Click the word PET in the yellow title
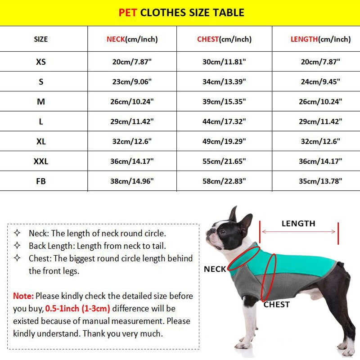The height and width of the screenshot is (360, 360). (x=128, y=13)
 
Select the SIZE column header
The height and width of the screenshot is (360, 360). (x=40, y=39)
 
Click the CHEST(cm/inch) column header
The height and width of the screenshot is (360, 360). (x=224, y=39)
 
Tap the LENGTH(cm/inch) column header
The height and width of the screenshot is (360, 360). (x=320, y=39)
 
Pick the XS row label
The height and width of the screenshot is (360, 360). (x=40, y=62)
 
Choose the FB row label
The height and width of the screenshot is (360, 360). (x=40, y=181)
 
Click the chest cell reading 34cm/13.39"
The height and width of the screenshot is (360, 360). (x=224, y=81)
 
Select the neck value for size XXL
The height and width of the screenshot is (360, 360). (x=132, y=161)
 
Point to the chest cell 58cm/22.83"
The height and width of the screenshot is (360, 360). (x=224, y=181)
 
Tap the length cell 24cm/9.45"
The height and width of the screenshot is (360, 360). (x=320, y=81)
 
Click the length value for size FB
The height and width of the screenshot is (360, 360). (x=320, y=181)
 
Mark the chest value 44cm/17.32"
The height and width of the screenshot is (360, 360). (x=224, y=121)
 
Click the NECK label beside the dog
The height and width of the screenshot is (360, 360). (x=215, y=269)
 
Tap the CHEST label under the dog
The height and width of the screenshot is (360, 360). (x=277, y=305)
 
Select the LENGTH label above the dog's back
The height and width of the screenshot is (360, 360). (x=298, y=223)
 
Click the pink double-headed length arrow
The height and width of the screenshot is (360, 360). (x=298, y=232)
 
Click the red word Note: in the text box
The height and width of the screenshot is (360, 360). (x=23, y=296)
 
